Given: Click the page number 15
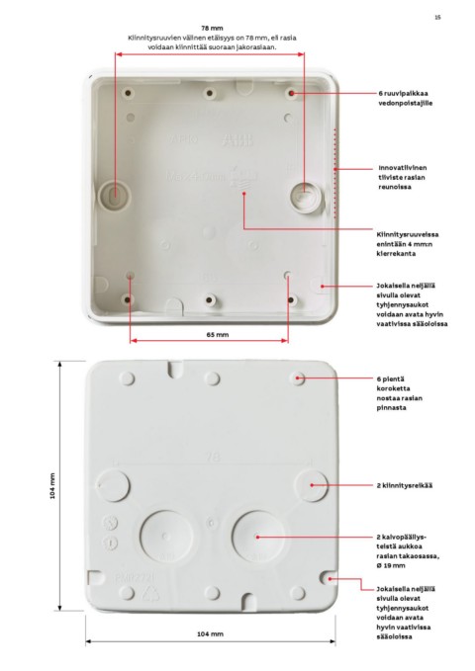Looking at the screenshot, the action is coord(437,17).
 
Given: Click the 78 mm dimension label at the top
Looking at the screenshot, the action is coord(212,29).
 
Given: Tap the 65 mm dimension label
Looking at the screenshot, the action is coord(218,335).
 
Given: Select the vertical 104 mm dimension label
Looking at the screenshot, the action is coord(52,485).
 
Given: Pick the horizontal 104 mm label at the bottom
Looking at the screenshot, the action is coord(210,633).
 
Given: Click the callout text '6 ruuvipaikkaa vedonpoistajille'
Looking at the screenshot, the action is coord(405,98).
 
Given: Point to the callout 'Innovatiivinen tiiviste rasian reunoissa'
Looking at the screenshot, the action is coord(402,177).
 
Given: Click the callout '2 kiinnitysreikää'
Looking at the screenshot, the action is coord(405,485).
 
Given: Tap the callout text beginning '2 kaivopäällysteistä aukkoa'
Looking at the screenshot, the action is coord(408,551).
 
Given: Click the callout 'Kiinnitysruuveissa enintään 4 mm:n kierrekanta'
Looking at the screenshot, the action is coord(408,244).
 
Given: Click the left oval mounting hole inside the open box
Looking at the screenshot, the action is coord(115,195).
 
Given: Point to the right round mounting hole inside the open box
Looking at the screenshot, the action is coord(304,195).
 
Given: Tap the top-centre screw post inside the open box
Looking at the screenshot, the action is coord(209,93).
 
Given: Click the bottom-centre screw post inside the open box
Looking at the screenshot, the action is coord(209,300).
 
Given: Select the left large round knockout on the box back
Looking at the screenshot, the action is coord(165,536).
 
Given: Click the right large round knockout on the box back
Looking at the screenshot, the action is coord(257,536).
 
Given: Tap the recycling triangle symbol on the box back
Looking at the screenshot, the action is coord(150,593).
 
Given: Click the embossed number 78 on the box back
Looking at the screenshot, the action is coord(213,457).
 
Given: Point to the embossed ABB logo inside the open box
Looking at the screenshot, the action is coord(237,139).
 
